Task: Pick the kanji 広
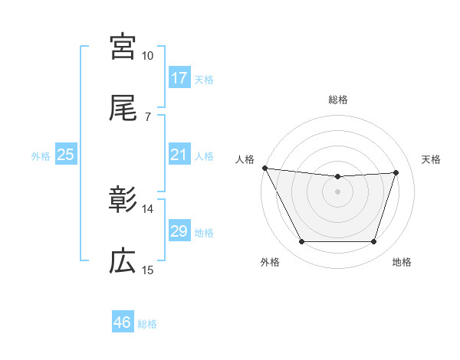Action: [123, 262]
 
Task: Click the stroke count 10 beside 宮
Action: [148, 56]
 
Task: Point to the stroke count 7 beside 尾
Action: [148, 117]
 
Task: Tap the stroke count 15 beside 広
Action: [148, 270]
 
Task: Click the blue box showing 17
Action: [179, 78]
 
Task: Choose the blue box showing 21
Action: [179, 155]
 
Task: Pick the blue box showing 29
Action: [179, 231]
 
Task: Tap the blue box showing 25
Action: [65, 155]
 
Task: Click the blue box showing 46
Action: [123, 322]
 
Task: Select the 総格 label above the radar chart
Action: [338, 100]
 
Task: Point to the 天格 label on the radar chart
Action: [432, 159]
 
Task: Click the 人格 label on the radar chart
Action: [245, 159]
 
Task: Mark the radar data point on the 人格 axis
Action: [265, 168]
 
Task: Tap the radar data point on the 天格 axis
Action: [396, 172]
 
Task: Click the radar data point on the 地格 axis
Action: [374, 242]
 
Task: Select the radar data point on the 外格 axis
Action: [301, 242]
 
